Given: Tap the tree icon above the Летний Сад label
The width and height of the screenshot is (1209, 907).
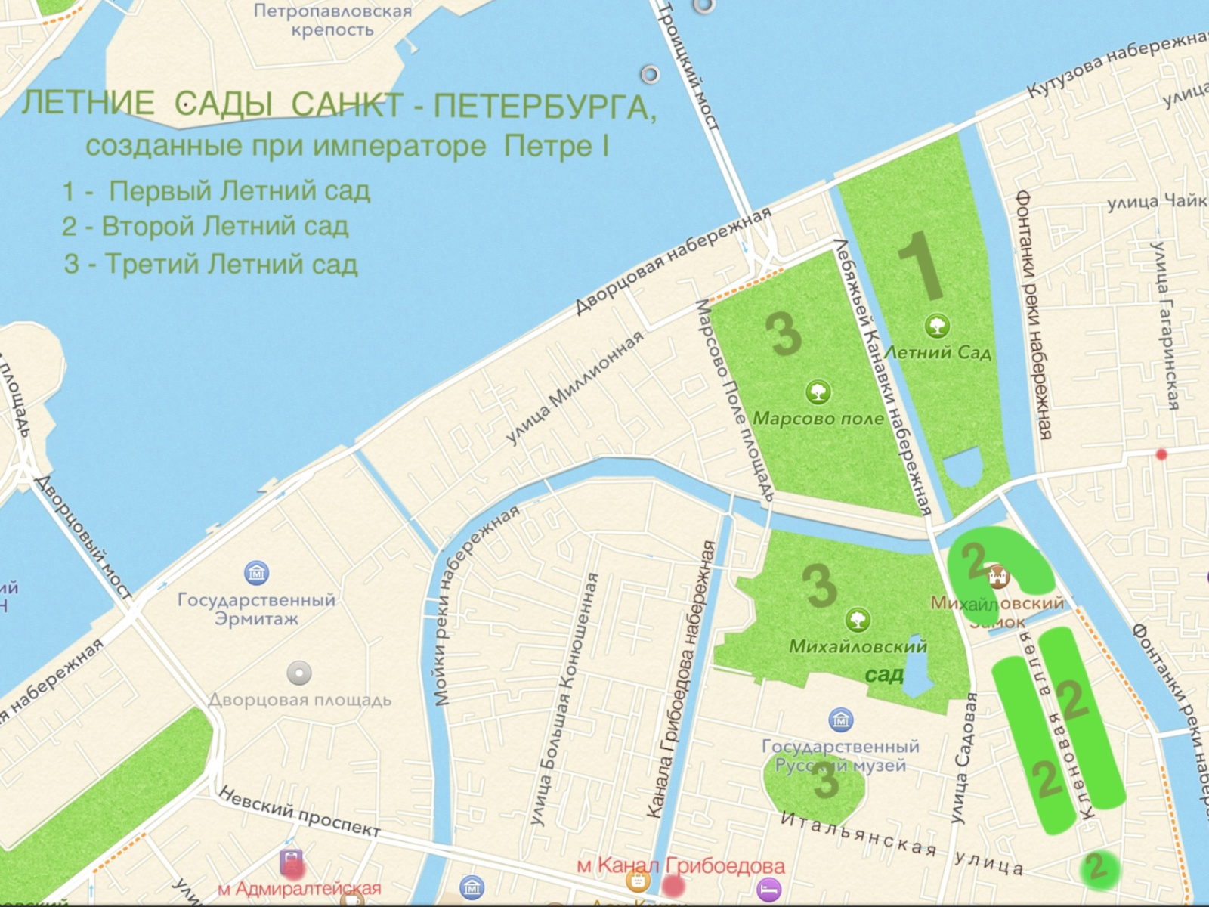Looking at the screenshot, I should (937, 326).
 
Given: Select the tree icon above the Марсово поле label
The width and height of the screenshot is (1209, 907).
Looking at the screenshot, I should (817, 392).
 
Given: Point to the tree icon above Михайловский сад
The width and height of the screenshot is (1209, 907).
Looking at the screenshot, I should (857, 621).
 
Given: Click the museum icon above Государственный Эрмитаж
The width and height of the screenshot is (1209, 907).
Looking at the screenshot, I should (256, 572).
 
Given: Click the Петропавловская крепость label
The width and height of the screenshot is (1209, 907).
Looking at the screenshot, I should (332, 20).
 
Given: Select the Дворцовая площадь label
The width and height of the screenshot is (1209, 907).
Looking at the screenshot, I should (300, 700).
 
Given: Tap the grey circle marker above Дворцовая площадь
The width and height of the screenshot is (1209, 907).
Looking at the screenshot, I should (299, 672).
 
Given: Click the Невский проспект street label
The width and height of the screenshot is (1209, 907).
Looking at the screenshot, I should (300, 812).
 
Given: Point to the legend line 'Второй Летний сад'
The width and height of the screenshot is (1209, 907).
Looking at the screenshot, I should (206, 226).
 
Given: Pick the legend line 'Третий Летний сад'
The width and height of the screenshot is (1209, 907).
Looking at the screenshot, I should (211, 264).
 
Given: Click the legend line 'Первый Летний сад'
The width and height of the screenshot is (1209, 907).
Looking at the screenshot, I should (217, 190).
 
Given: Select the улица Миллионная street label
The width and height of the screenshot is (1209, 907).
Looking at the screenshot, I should (574, 387).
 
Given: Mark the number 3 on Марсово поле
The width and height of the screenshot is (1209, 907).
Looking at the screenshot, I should (784, 333).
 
